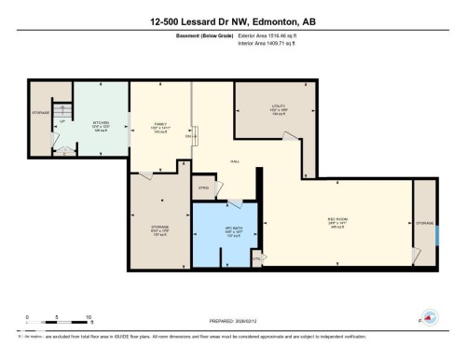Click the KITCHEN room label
102,124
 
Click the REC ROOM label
337,222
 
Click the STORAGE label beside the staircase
39,113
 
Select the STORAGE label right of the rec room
425,224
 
